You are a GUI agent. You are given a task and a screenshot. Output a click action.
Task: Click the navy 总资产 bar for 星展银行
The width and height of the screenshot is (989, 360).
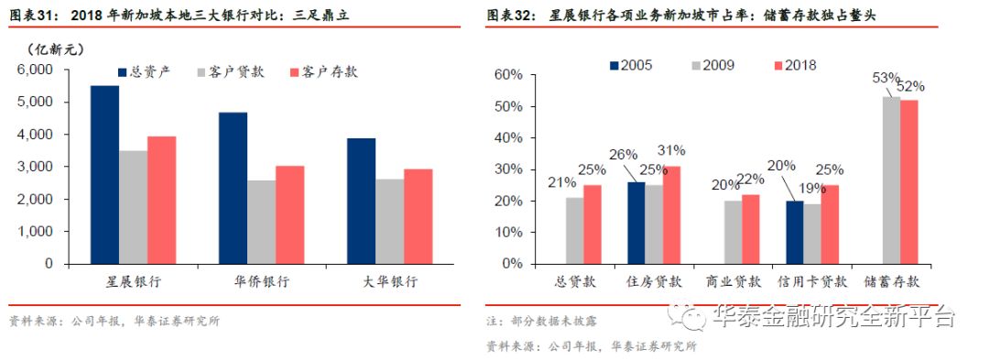click(x=104, y=174)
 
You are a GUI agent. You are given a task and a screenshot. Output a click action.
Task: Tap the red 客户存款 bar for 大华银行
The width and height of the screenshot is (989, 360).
click(x=418, y=216)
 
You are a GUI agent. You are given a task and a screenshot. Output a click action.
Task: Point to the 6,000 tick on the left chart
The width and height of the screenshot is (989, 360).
click(x=36, y=70)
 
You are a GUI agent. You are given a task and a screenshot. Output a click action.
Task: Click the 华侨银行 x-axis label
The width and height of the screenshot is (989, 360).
click(x=261, y=282)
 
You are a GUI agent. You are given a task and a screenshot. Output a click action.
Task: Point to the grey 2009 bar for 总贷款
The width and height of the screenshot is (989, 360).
click(x=574, y=230)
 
